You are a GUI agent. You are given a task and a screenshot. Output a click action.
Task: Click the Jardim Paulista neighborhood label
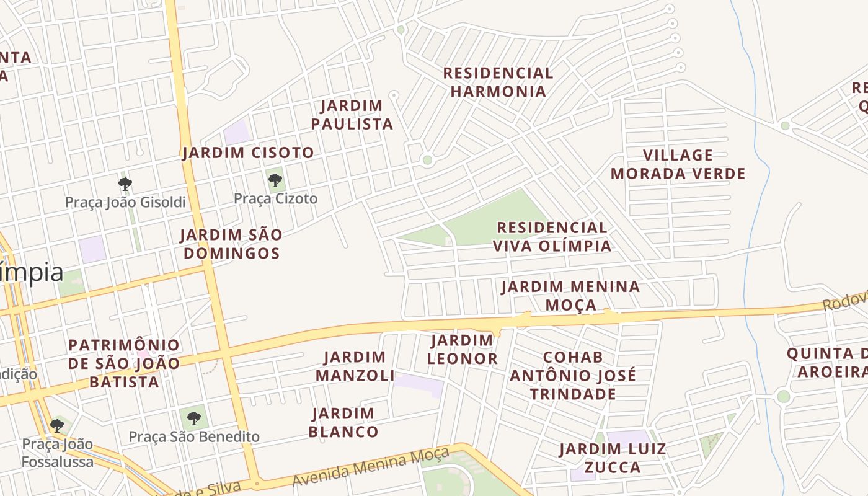tap(352, 115)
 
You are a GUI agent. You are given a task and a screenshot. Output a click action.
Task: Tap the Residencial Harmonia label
tap(498, 82)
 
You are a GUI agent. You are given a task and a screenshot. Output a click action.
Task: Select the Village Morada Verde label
tap(678, 164)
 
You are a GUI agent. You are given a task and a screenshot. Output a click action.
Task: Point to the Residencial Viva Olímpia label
tap(552, 237)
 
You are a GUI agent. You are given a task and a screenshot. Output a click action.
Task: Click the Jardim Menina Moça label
tap(570, 296)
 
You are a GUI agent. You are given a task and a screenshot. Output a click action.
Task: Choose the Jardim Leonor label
tap(463, 350)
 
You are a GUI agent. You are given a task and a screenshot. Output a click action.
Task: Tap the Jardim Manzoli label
tap(355, 366)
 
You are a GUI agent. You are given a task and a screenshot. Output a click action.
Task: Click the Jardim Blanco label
tap(343, 423)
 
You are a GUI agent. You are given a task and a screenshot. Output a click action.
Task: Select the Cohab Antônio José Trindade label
tap(572, 376)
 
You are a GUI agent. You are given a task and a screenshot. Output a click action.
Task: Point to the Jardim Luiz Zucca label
tap(613, 458)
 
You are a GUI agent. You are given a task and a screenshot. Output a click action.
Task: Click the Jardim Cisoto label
tap(248, 153)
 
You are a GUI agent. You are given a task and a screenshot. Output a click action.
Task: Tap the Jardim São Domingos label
tap(231, 244)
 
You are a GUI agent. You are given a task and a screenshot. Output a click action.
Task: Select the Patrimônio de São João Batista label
tap(124, 363)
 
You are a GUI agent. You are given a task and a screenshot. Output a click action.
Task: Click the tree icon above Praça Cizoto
tap(275, 181)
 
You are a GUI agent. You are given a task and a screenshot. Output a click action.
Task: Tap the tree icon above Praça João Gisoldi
tap(125, 184)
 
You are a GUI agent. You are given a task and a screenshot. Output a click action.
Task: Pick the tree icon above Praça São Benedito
tap(194, 418)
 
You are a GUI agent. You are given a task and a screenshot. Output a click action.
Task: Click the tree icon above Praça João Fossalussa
tap(57, 426)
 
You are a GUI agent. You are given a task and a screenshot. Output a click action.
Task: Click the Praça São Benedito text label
tap(194, 437)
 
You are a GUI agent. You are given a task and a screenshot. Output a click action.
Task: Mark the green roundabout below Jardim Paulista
tap(427, 160)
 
